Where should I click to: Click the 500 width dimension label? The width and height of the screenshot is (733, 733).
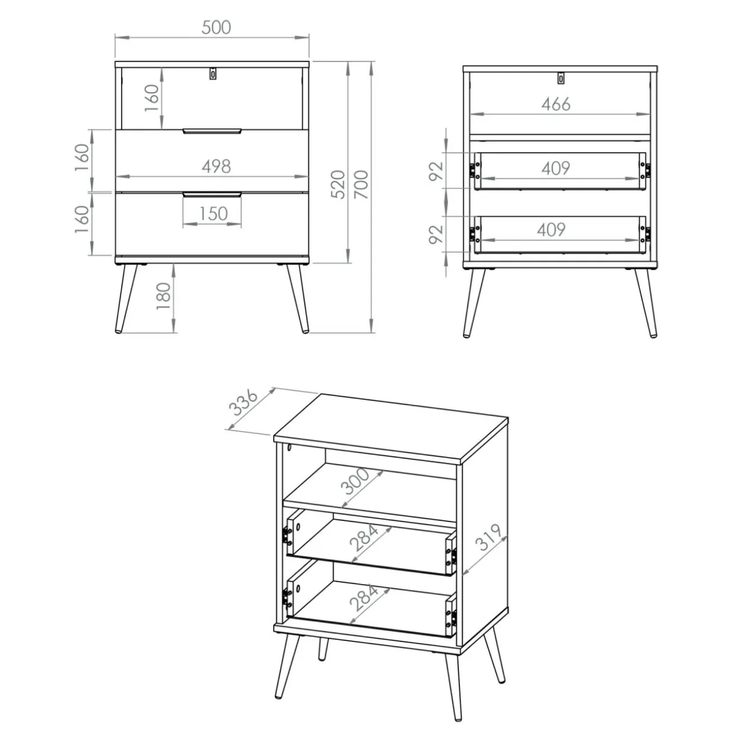click(x=216, y=27)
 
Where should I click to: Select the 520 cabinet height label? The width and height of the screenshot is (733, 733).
click(x=338, y=184)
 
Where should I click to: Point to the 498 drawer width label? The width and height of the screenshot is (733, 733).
click(x=216, y=166)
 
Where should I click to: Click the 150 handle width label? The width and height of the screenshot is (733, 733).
click(x=213, y=214)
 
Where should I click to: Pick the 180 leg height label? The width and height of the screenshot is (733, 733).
click(x=164, y=296)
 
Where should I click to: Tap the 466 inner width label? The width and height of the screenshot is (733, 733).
click(x=556, y=104)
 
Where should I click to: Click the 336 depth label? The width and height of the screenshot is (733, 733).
click(x=244, y=403)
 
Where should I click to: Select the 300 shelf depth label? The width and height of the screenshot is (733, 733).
click(x=355, y=482)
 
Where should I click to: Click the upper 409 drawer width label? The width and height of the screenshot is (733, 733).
click(x=556, y=168)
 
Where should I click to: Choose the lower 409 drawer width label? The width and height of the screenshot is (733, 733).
click(x=551, y=230)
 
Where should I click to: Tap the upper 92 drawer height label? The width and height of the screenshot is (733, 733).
click(x=436, y=171)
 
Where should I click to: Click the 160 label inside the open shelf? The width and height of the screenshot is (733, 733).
click(x=152, y=98)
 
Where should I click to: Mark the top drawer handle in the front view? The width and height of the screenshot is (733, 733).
click(x=212, y=131)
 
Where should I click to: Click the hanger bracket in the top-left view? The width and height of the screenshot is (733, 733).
click(x=213, y=74)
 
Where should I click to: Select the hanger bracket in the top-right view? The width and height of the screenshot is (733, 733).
click(x=561, y=78)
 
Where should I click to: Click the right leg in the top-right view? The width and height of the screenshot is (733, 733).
click(x=646, y=303)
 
